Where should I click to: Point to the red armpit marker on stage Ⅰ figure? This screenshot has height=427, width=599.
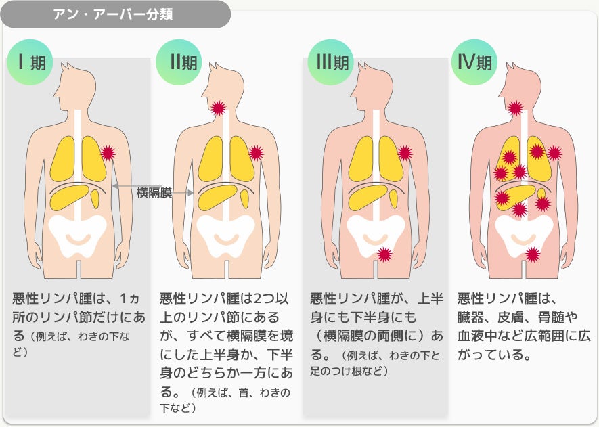tap(108, 153)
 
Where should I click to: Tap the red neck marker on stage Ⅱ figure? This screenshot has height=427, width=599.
tap(218, 108)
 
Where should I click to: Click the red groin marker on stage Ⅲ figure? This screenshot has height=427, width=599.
tap(384, 255)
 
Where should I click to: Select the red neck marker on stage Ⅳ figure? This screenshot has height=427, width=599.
tap(516, 108)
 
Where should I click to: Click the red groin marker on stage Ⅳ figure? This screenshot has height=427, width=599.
tap(533, 255)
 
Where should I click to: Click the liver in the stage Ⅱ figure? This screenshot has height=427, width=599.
tap(217, 197)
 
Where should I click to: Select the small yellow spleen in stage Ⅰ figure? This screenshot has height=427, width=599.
tap(95, 198)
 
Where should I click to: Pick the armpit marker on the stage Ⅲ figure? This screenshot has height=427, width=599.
tap(405, 153)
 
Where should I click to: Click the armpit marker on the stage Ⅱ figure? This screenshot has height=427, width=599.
tap(256, 153)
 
